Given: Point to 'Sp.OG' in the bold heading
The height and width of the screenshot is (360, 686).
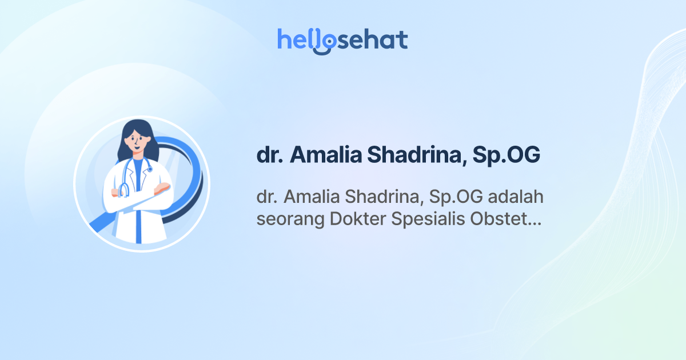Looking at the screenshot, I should pos(506,155).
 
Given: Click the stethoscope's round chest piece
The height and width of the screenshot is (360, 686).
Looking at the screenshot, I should pos(149,169).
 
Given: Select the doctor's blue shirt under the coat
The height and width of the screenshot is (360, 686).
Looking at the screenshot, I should pos(138,171).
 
